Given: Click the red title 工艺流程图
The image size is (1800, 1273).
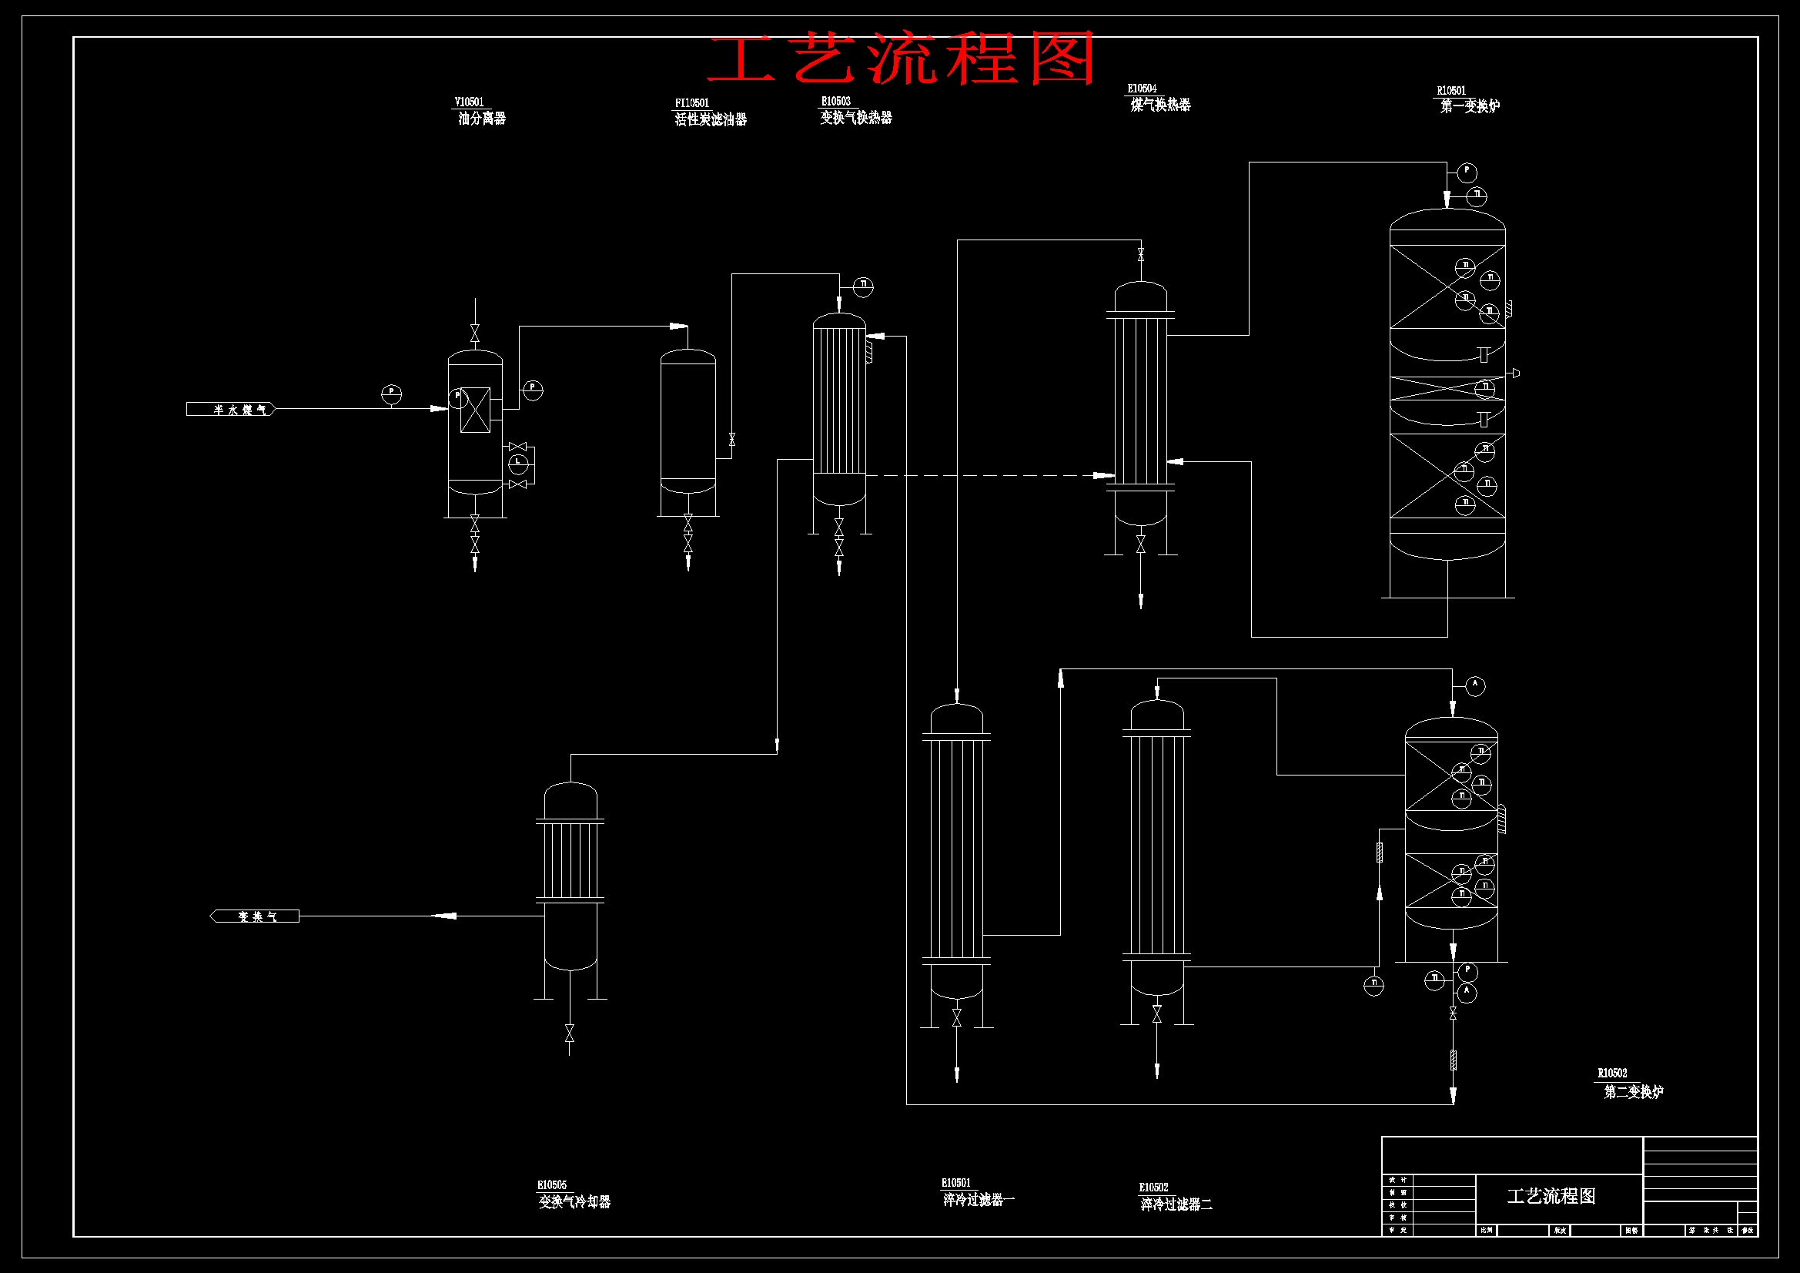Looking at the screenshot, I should tap(902, 59).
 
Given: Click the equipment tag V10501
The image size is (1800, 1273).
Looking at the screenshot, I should tap(469, 102).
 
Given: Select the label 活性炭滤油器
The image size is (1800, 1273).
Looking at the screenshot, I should tap(711, 119).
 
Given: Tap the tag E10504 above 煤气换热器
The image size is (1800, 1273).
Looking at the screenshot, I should tap(1142, 89).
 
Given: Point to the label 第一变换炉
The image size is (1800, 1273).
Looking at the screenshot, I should tap(1469, 106).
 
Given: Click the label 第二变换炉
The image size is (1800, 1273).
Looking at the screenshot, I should tap(1633, 1091).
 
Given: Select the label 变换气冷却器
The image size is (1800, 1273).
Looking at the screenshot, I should tap(574, 1201).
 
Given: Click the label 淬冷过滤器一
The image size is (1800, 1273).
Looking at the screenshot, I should tap(978, 1199).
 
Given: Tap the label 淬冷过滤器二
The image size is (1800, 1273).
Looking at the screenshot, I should tap(1175, 1204).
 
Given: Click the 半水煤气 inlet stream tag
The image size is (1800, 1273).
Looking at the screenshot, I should tap(231, 409).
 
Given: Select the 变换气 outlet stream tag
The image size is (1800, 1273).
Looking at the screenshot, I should tap(256, 916).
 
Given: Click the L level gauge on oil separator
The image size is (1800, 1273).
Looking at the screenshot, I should tap(518, 464).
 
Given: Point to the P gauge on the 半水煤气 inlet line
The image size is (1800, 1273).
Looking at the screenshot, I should tap(391, 394).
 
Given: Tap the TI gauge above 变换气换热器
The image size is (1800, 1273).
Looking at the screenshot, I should tap(862, 286).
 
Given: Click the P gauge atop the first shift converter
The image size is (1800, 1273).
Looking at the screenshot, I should tap(1467, 173).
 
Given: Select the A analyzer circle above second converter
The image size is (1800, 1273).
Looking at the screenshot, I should tap(1474, 685).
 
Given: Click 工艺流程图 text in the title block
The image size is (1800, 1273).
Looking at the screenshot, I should tap(1551, 1196).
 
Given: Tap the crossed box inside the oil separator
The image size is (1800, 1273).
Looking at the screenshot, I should tap(475, 410).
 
